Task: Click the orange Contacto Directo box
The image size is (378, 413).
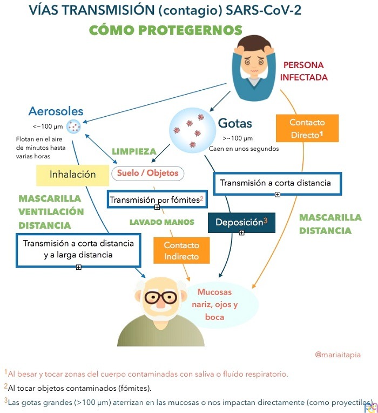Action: click(307, 128)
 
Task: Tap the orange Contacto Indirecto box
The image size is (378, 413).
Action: click(181, 251)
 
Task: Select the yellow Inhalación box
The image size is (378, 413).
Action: click(72, 175)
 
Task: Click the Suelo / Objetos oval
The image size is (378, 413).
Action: click(148, 173)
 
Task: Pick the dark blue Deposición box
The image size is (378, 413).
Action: click(242, 222)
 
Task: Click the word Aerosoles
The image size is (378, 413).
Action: click(56, 111)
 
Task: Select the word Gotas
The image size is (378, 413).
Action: click(235, 123)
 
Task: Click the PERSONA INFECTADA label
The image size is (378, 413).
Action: click(303, 71)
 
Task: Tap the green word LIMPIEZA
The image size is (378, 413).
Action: click(134, 151)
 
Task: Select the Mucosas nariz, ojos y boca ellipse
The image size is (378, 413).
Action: click(218, 304)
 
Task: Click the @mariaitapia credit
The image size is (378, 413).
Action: click(337, 355)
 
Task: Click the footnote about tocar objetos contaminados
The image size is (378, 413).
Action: click(78, 388)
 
